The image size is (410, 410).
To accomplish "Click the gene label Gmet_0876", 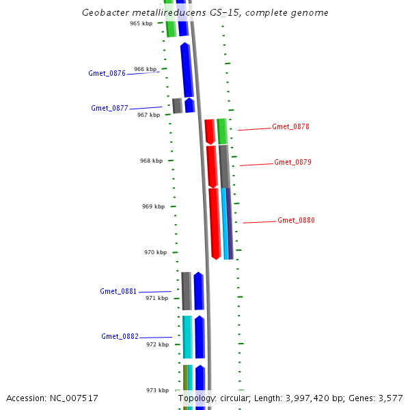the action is [107, 73].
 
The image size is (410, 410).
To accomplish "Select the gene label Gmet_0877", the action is [109, 108].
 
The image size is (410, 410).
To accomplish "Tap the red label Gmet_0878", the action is [290, 126].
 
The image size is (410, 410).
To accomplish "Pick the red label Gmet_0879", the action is [292, 162].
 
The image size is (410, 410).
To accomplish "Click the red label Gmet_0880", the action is [296, 220].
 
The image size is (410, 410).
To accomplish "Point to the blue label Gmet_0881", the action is [118, 291].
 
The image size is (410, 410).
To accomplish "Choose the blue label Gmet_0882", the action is [120, 336].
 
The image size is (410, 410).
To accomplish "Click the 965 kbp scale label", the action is [141, 23].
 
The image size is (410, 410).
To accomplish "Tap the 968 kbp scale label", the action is [151, 161].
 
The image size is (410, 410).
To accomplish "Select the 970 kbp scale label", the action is [155, 252].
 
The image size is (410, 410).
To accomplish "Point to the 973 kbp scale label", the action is [157, 390].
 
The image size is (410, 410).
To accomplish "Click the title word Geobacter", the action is [103, 12].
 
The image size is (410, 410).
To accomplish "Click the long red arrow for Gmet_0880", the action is [215, 222].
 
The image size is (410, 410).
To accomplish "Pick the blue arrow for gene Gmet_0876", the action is [186, 70].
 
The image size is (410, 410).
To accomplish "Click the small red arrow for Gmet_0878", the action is [210, 131].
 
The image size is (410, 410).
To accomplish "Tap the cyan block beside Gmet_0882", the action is [187, 336].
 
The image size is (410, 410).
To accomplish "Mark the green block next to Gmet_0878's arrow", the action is [222, 131].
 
